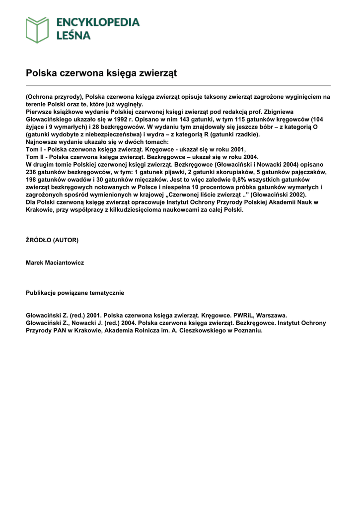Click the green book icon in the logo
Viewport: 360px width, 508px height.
pos(38,29)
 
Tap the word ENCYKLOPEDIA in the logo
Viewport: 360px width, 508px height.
pos(98,22)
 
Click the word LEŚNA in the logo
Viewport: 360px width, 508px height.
pos(73,35)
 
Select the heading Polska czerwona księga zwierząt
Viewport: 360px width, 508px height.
pos(101,73)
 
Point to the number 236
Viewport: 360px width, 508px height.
pos(32,172)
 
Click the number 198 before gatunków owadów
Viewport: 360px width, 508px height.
pos(32,179)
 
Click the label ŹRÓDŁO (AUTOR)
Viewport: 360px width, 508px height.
pos(52,240)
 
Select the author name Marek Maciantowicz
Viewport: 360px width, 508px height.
pos(55,263)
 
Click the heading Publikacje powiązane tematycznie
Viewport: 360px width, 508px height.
pos(75,293)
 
